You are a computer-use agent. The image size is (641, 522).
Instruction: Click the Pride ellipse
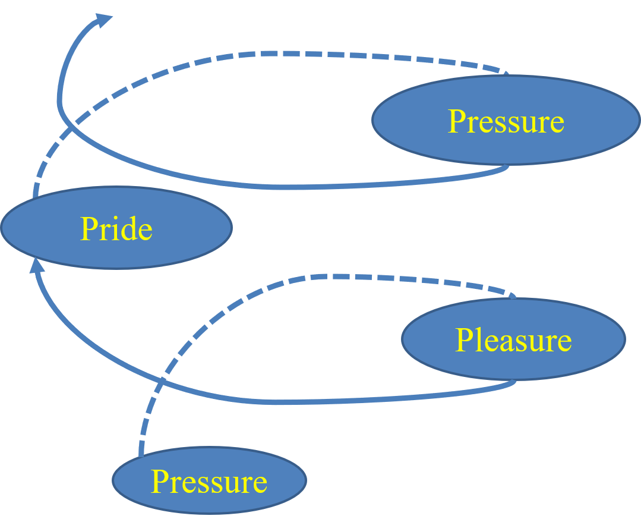(x=116, y=228)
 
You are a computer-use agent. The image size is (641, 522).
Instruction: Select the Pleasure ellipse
(x=514, y=339)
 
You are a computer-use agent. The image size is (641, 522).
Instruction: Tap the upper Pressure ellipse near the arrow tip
(x=506, y=120)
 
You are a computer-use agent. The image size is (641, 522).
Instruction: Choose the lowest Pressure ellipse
(x=209, y=480)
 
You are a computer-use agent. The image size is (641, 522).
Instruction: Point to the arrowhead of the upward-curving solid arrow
(x=103, y=21)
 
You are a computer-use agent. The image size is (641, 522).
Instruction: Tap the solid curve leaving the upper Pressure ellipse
(x=267, y=187)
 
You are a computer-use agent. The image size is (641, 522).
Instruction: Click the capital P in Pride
(x=89, y=229)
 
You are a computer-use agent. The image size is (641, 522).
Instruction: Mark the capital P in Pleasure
(x=464, y=340)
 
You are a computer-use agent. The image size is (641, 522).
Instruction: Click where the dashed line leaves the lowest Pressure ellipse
(x=141, y=455)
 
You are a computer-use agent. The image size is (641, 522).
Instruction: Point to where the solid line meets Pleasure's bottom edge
(x=514, y=381)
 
